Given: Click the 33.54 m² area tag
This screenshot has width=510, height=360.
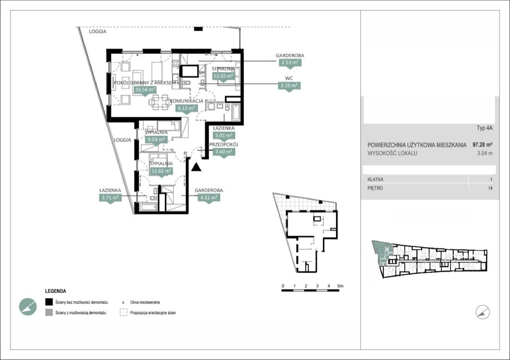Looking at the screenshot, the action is tap(145, 90).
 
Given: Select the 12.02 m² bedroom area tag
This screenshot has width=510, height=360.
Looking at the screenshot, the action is tap(223, 76).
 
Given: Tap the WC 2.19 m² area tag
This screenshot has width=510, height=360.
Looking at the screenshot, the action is tap(289, 86).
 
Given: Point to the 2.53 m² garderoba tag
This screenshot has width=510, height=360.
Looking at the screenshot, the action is tap(290, 62).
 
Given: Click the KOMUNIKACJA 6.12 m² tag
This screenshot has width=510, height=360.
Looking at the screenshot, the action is tap(186, 108).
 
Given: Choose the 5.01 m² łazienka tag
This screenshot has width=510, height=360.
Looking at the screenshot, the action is tap(224, 135).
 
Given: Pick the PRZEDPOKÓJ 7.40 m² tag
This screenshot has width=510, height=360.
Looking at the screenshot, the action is tap(224, 151).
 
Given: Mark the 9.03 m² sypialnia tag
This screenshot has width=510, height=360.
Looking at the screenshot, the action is tap(156, 139).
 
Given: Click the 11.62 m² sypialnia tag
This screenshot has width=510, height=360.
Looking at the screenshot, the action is tap(161, 171).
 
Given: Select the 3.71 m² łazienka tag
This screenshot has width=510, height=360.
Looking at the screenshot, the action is tap(110, 197).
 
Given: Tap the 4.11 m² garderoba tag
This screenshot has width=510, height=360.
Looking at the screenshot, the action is tap(209, 197).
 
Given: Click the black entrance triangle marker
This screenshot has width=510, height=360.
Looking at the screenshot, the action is tap(196, 167).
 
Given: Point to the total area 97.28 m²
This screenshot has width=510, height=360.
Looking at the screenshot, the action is tap(483, 144).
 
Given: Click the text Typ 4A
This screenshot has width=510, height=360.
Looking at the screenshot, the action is tap(485, 128).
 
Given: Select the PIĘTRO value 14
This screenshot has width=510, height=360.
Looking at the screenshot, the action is tap(490, 188).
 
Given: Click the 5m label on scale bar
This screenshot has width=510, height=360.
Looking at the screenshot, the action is tap(340, 286).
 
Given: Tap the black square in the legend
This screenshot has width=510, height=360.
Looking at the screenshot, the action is tap(49, 302).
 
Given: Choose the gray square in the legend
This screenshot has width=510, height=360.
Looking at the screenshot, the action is tap(49, 312).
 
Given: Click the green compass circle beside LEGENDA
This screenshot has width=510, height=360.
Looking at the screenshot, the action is tap(28, 307).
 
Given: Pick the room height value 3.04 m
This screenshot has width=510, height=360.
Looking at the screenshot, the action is tap(485, 153).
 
